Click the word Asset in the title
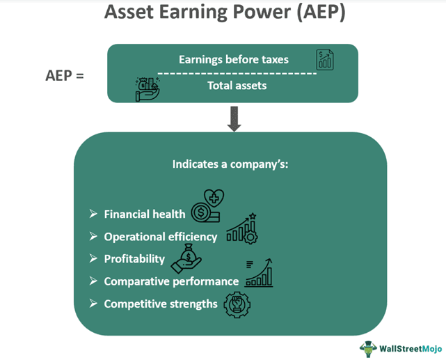click(129, 13)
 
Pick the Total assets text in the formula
click(236, 86)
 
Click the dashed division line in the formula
click(237, 73)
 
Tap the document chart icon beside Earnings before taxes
click(325, 60)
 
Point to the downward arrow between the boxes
click(234, 120)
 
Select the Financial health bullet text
click(145, 214)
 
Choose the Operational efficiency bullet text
click(161, 237)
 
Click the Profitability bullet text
click(134, 259)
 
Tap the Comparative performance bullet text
click(171, 281)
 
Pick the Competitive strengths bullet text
click(161, 304)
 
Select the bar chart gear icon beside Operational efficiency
click(243, 228)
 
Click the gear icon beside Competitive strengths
click(237, 304)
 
